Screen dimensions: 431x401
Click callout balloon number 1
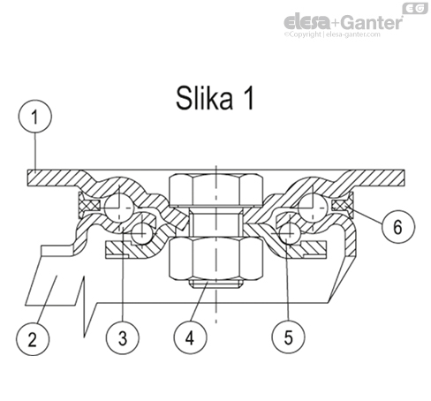tap(35, 117)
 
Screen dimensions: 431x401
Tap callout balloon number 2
tap(33, 339)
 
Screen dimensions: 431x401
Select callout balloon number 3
tap(123, 337)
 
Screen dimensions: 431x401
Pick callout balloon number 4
tap(190, 337)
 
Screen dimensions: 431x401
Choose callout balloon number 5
tap(288, 337)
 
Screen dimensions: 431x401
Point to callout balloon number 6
tap(398, 227)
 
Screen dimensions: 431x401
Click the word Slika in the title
tap(204, 98)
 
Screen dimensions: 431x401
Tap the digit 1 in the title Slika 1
tap(248, 98)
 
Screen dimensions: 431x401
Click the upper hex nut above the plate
tap(215, 190)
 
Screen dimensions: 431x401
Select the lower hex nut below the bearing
tap(215, 259)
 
